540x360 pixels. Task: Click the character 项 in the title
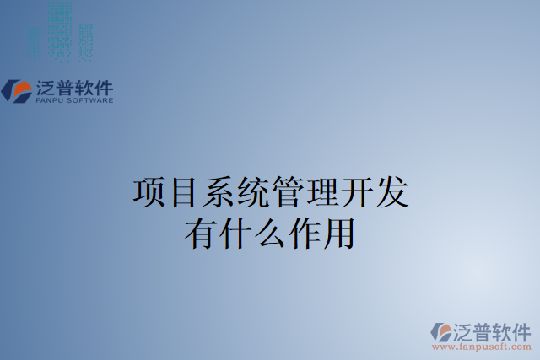coord(149,192)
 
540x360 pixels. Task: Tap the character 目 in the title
coord(184,192)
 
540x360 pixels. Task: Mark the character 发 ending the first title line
coord(391,192)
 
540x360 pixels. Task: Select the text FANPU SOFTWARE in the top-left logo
coord(74,100)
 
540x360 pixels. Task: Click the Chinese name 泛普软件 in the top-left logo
coord(74,87)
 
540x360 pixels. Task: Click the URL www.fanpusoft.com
coord(482,347)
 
